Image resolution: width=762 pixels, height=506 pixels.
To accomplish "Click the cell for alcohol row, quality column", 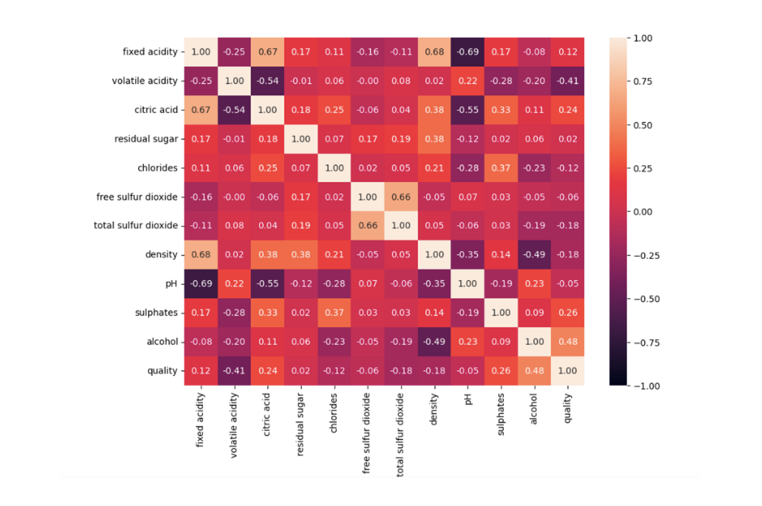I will pos(568,342).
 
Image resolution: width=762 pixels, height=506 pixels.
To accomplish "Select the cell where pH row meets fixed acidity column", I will pos(201,283).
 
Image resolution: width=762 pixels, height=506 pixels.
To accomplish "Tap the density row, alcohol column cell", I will pos(534,254).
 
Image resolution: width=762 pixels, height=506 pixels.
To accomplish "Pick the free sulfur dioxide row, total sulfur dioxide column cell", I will pos(401,197).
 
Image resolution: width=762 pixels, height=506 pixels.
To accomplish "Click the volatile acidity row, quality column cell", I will pos(568,81).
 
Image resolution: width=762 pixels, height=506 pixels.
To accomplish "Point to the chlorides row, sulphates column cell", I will pos(501,168).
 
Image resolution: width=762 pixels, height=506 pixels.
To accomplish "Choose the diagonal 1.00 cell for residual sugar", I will pos(301,139).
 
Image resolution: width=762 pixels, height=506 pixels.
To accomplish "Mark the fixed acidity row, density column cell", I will pos(434,52).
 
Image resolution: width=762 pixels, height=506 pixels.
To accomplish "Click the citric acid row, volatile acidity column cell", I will pos(234,110).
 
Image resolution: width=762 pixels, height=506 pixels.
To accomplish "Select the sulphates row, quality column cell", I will pos(568,313).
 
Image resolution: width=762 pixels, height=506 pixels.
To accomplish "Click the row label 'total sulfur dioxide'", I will pos(136,225).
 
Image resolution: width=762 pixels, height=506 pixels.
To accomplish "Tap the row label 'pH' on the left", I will pos(171,284).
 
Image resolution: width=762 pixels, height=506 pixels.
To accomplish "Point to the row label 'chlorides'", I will pos(157,168).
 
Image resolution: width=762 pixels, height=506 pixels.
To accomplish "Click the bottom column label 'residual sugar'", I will pos(300,424).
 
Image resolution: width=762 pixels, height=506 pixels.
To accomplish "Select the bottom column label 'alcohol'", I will pos(533,408).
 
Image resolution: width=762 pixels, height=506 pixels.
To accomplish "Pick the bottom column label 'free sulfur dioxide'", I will pos(366,433).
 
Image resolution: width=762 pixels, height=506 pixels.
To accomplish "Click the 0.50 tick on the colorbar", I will pos(642,125).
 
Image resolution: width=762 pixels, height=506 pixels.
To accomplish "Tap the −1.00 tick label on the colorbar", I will pos(646,386).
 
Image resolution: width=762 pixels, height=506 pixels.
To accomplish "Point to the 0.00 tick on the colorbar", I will pos(642,212).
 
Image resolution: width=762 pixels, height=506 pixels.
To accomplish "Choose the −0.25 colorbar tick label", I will pos(646,256).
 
